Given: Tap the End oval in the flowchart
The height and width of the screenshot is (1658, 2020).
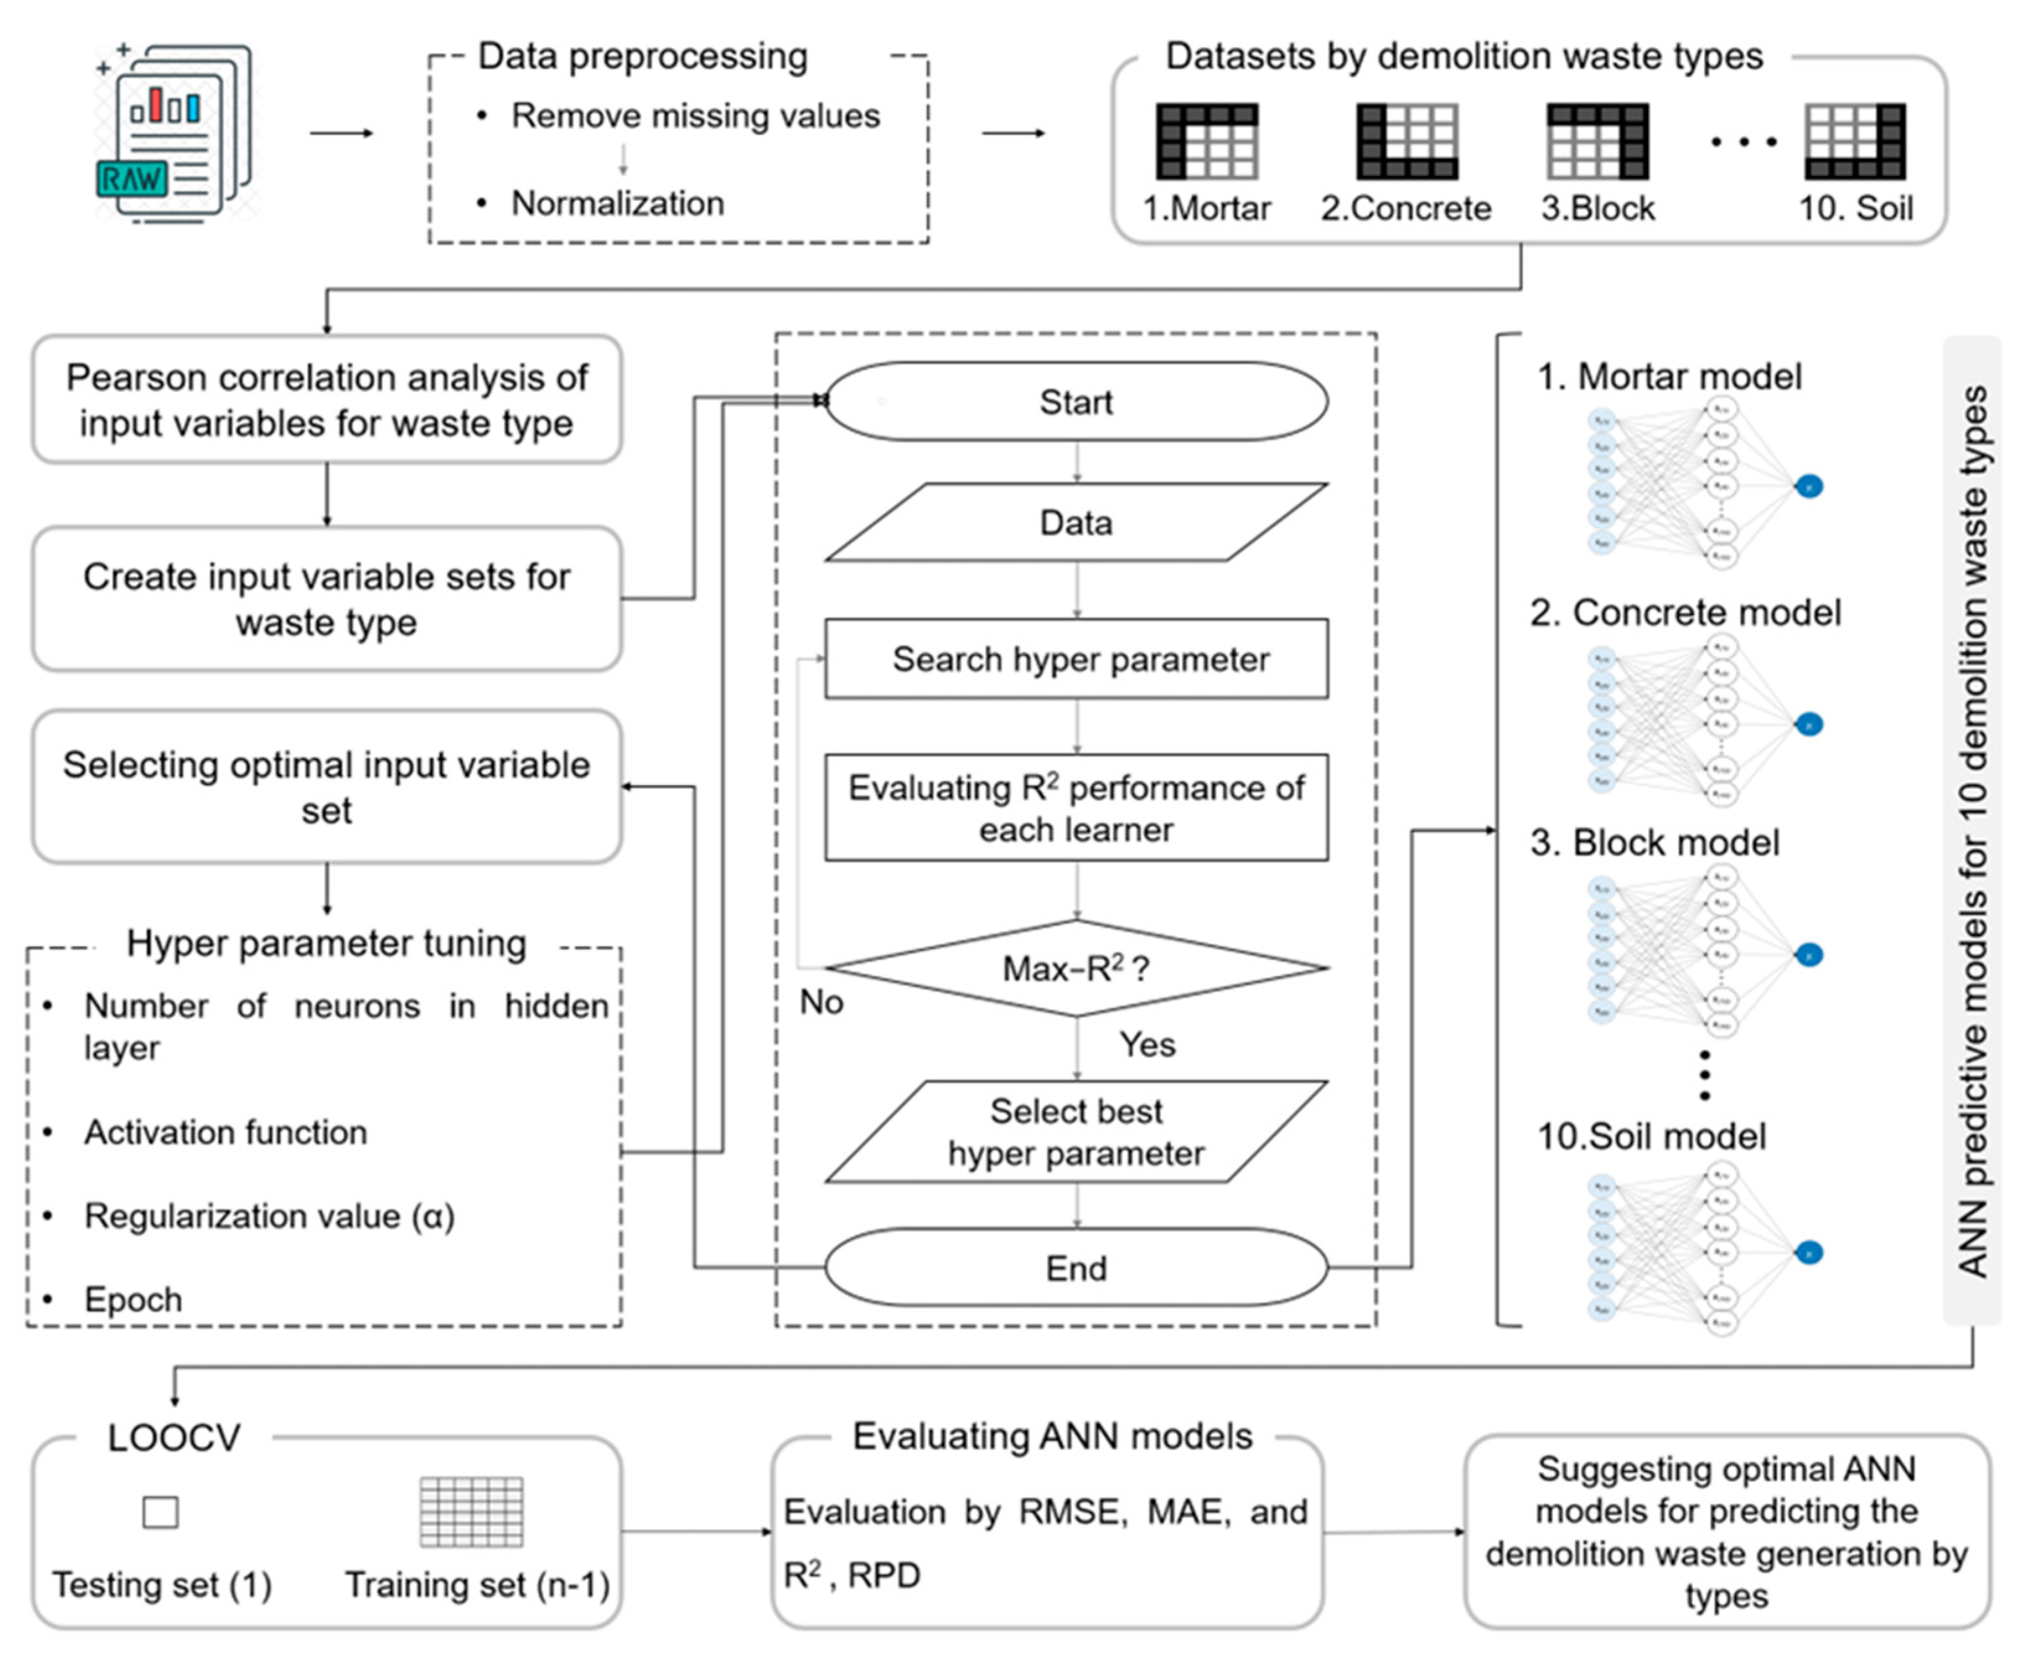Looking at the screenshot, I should pyautogui.click(x=1076, y=1268).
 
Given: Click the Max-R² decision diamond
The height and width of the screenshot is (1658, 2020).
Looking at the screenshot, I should pyautogui.click(x=1076, y=968).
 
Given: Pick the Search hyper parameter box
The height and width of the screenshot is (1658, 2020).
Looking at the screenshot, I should pyautogui.click(x=1076, y=659).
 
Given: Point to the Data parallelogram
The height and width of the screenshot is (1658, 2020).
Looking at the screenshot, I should pyautogui.click(x=1076, y=522).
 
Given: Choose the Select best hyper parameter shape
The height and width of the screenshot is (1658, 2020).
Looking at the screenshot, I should pyautogui.click(x=1076, y=1132).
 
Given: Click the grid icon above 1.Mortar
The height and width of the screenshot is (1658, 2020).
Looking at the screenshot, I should pyautogui.click(x=1206, y=141).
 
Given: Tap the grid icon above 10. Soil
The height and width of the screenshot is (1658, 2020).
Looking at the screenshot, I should pyautogui.click(x=1855, y=141).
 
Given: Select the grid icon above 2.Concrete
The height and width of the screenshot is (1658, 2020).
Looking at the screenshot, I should pyautogui.click(x=1407, y=141).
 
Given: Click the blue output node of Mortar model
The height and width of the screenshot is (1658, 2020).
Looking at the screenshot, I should pyautogui.click(x=1808, y=487).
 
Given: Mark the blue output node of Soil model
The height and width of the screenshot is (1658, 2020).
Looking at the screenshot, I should pyautogui.click(x=1808, y=1252).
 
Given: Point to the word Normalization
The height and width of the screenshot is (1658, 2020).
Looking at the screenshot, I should pyautogui.click(x=617, y=203).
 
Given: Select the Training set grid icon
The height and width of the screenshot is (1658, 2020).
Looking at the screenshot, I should pyautogui.click(x=472, y=1512).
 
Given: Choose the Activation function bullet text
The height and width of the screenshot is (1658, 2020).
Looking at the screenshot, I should pyautogui.click(x=226, y=1133).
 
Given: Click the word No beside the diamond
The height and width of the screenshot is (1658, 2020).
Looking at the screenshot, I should pyautogui.click(x=822, y=1002).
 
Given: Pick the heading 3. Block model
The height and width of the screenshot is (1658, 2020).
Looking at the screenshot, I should pyautogui.click(x=1655, y=843).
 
